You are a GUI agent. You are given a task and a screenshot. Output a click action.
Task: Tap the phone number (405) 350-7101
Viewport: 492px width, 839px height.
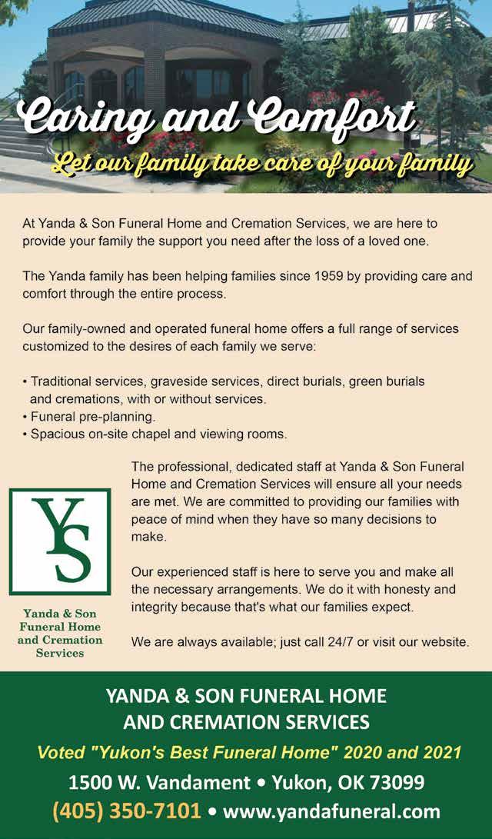[126, 811]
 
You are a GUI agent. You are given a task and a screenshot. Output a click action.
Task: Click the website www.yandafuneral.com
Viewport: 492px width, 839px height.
[331, 811]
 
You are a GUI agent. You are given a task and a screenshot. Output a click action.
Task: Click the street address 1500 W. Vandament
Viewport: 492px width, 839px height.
[159, 783]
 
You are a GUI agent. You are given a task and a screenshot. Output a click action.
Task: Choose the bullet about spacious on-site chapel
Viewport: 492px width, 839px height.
[158, 434]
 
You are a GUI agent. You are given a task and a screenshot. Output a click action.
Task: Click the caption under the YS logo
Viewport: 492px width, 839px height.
[59, 632]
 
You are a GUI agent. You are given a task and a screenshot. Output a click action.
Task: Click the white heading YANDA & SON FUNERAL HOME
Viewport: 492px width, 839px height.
[246, 697]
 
